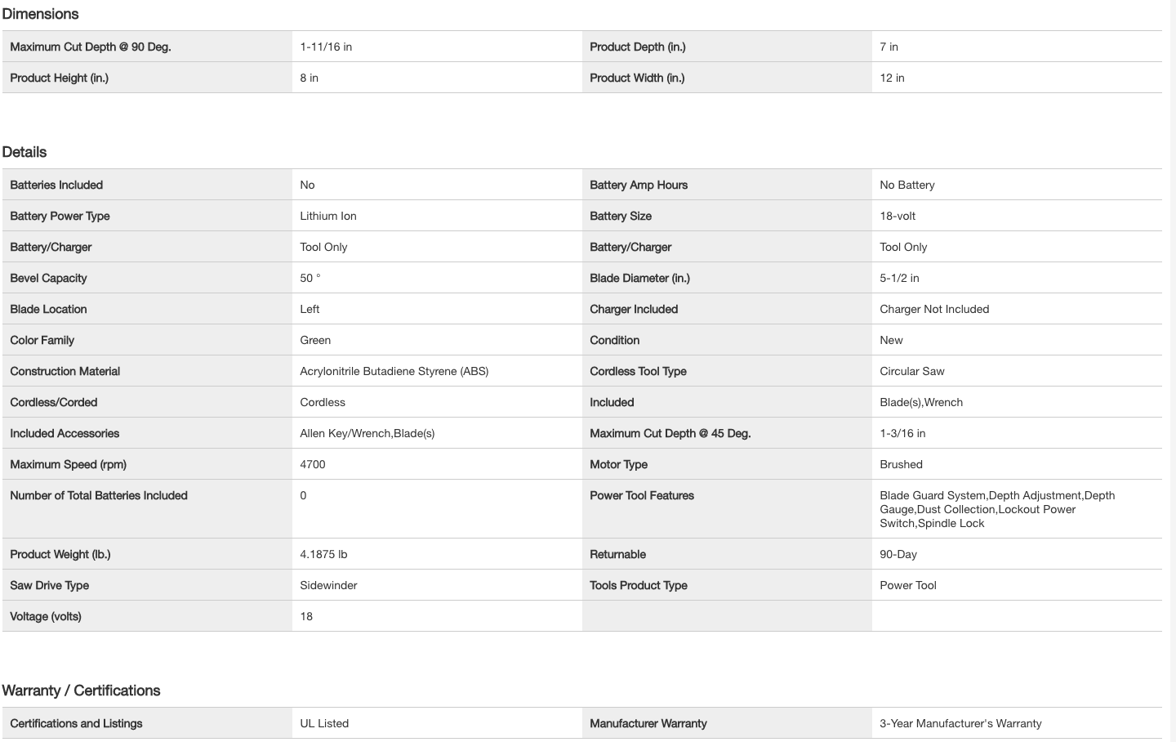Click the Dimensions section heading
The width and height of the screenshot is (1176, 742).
[40, 14]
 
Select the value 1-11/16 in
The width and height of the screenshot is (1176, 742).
[326, 47]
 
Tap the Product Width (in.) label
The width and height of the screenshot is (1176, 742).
[637, 78]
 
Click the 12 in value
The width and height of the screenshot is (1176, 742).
[892, 78]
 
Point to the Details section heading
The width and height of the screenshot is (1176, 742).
[24, 152]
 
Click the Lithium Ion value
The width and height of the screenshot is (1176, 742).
[328, 216]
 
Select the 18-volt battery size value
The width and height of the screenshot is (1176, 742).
[898, 216]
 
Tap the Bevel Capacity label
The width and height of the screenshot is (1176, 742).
[48, 278]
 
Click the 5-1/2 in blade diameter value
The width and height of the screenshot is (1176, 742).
[899, 278]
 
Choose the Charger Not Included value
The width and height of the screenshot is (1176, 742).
[934, 309]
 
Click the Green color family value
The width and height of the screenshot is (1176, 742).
[315, 340]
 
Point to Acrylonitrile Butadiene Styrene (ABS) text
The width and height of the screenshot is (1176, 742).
[394, 371]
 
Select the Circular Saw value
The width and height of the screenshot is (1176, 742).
[912, 371]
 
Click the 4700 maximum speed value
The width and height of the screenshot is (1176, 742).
[313, 464]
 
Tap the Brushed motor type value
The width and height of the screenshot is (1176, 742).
[901, 464]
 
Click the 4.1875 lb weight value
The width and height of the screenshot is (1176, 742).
[323, 554]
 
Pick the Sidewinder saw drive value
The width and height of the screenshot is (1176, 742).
[328, 585]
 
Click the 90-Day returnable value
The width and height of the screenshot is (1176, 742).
[898, 554]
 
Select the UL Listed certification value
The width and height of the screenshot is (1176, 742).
[324, 723]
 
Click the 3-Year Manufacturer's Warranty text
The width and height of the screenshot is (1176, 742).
[960, 723]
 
